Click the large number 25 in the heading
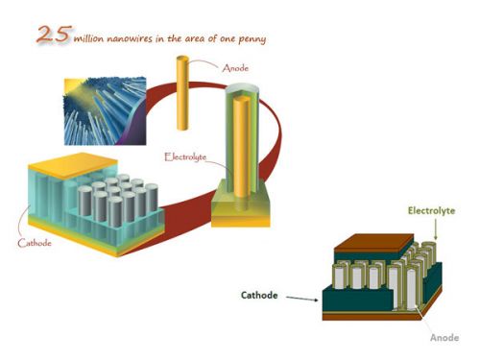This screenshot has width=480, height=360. (53, 34)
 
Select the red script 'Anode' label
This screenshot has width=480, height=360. (235, 68)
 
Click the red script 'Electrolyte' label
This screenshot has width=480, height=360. (185, 156)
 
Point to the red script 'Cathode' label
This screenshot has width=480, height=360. (35, 243)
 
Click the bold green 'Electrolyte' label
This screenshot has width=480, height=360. (431, 210)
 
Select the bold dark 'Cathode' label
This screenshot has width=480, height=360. (259, 295)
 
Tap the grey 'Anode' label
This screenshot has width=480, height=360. (444, 338)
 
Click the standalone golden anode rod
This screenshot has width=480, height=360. (182, 93)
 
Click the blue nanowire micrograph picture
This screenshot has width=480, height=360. (105, 110)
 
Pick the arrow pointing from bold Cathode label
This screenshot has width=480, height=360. (302, 299)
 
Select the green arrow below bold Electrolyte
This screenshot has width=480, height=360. (435, 228)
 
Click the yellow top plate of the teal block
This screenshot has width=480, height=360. (73, 165)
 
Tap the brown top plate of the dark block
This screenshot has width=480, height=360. (373, 242)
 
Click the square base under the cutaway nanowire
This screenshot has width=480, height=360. (241, 204)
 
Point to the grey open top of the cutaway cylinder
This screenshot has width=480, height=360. (242, 89)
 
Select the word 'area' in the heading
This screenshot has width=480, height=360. (197, 39)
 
